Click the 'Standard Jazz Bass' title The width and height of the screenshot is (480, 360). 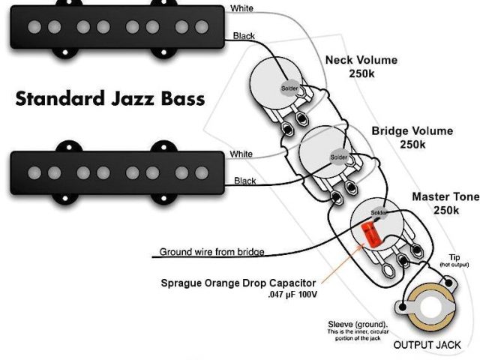point(109,99)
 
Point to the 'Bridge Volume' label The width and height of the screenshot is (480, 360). point(412,130)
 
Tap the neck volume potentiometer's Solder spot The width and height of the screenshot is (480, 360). point(289,88)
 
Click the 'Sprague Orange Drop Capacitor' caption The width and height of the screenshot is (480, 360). point(238,283)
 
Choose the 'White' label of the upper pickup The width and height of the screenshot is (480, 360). point(241,8)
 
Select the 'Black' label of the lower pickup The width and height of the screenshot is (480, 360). point(244,181)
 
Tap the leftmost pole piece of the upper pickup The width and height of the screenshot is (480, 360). point(34,28)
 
